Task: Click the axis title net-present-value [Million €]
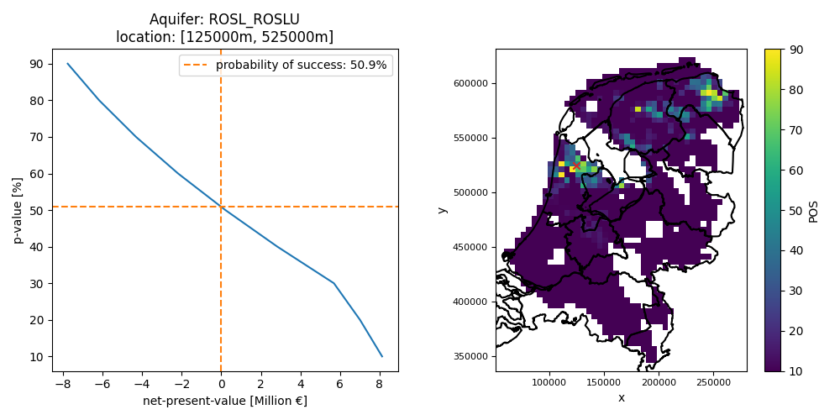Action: (225, 401)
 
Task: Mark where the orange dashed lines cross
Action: (221, 207)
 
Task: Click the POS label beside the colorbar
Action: (813, 210)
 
